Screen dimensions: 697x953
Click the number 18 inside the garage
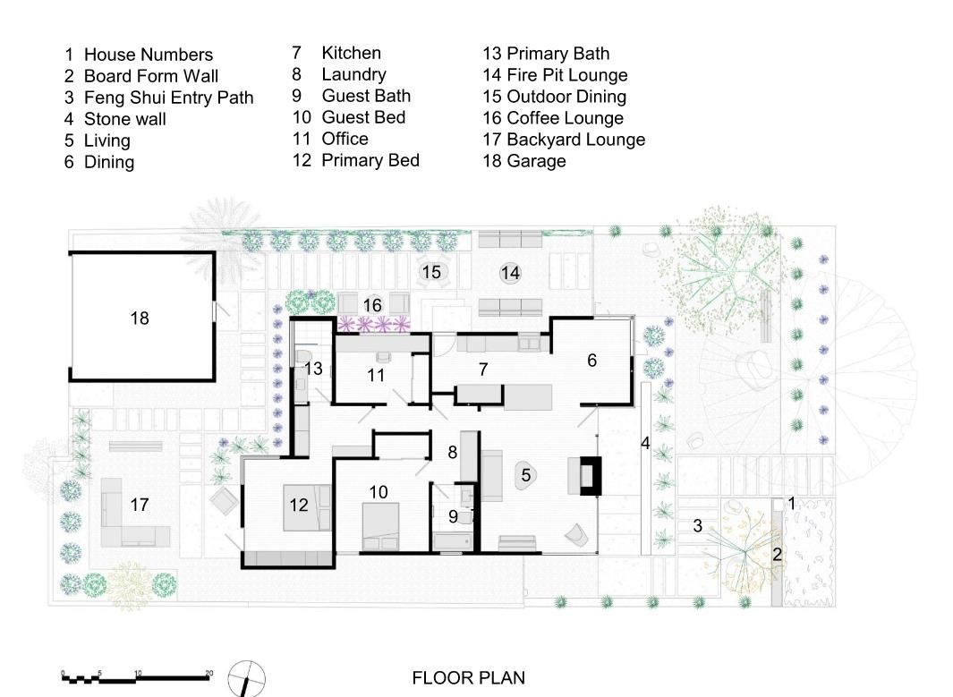click(139, 318)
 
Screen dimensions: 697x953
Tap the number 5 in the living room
click(526, 475)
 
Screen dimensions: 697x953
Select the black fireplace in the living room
click(590, 475)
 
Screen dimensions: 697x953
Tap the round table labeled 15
click(431, 271)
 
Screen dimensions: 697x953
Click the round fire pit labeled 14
click(510, 272)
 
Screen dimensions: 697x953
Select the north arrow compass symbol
click(248, 677)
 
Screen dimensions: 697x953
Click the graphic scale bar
click(136, 677)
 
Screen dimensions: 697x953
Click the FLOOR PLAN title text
click(468, 678)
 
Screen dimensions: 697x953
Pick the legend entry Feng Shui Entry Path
click(168, 98)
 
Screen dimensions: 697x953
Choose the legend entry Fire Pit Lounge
click(566, 75)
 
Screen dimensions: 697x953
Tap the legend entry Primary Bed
click(370, 160)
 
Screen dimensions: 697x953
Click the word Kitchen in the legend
click(351, 54)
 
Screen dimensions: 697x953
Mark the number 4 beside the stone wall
click(644, 443)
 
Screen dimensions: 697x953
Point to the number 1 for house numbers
click(791, 505)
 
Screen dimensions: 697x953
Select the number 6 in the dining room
click(591, 360)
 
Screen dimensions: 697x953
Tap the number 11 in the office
click(376, 375)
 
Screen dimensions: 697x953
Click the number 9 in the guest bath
click(453, 516)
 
